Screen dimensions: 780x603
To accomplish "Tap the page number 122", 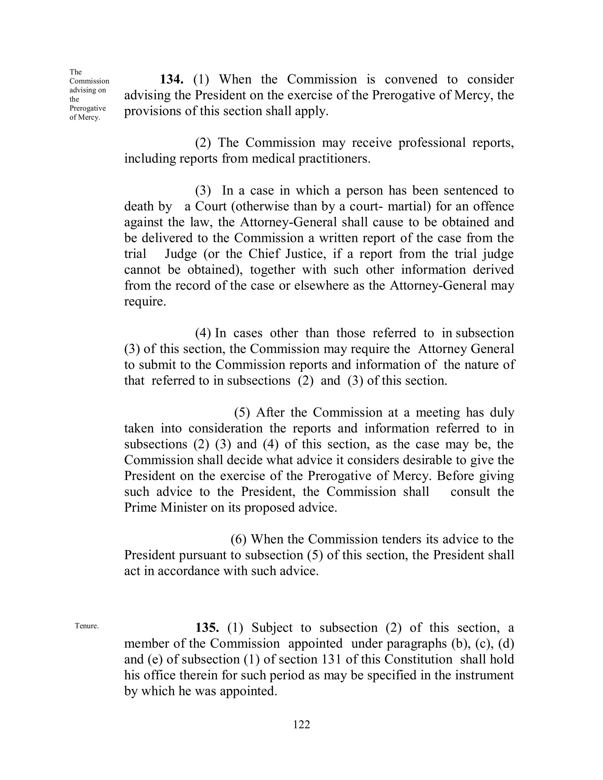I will pyautogui.click(x=301, y=724).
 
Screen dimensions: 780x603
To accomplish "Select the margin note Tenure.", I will pyautogui.click(x=87, y=626).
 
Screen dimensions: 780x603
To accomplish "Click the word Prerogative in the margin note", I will pyautogui.click(x=87, y=108).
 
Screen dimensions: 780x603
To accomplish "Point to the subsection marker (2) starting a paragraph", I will pyautogui.click(x=203, y=142).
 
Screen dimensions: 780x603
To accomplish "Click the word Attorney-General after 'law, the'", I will pyautogui.click(x=289, y=222).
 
